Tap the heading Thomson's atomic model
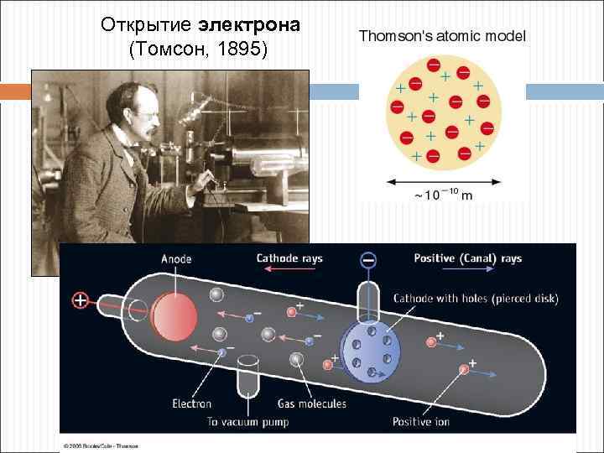tap(442, 37)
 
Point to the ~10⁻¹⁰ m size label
tap(443, 196)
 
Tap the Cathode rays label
tap(289, 258)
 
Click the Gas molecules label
tap(311, 404)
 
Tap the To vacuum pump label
tap(247, 421)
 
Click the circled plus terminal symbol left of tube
tap(80, 299)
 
